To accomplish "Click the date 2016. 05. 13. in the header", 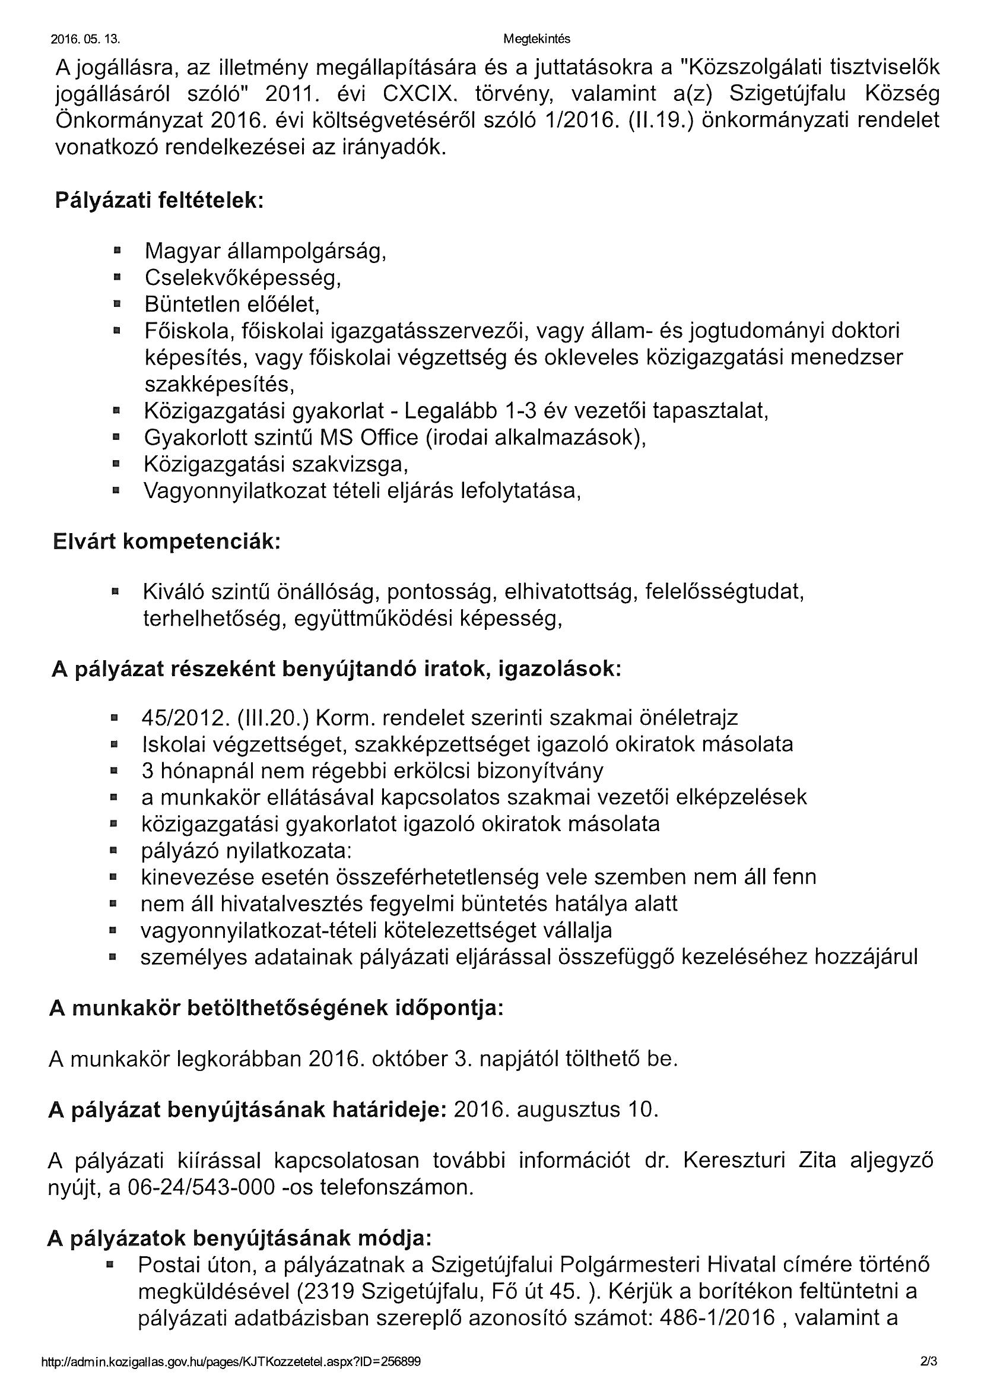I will point(85,40).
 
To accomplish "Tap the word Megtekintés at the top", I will point(536,39).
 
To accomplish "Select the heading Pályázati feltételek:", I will point(160,200).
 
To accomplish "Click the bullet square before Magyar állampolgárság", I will point(118,250).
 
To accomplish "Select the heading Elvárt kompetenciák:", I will point(167,541).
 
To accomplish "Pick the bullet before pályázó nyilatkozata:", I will point(113,851).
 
